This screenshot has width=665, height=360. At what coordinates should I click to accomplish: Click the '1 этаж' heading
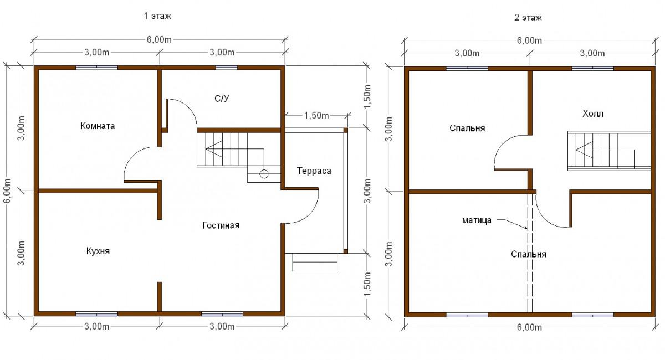click(x=157, y=16)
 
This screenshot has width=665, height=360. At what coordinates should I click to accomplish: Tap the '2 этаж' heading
click(x=528, y=18)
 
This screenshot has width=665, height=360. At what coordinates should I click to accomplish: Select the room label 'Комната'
click(x=98, y=126)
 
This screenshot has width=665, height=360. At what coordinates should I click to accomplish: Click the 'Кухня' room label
click(x=98, y=251)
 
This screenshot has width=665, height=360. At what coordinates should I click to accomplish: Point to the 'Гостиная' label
click(x=221, y=225)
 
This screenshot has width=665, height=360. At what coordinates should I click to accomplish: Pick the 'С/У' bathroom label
click(x=222, y=99)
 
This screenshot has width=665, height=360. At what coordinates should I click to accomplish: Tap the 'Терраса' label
click(x=314, y=171)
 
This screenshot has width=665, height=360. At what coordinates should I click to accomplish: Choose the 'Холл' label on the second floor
click(x=593, y=114)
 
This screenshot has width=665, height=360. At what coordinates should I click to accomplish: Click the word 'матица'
click(x=477, y=220)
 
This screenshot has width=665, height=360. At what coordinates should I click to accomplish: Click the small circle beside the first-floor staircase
click(x=264, y=174)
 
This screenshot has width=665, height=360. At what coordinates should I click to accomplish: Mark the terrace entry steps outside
click(x=315, y=262)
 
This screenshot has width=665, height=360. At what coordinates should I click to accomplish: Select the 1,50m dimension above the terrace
click(x=316, y=115)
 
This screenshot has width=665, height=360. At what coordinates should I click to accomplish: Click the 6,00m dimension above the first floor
click(x=159, y=39)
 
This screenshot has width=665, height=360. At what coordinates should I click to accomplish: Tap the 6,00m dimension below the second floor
click(x=529, y=327)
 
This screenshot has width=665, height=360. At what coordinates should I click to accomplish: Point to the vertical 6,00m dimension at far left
click(x=7, y=191)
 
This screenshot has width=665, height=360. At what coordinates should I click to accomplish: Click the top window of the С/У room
click(x=227, y=68)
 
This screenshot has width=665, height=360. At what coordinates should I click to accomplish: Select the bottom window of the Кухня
click(x=97, y=313)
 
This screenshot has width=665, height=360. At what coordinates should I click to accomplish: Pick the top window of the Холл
click(x=592, y=69)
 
